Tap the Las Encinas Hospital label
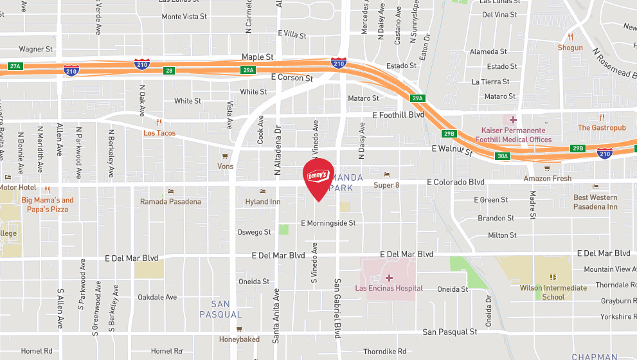[389, 289]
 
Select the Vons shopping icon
[225, 156]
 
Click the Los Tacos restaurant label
[159, 133]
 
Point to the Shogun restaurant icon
[570, 37]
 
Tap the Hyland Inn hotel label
[263, 202]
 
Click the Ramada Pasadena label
[170, 202]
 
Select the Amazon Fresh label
[547, 178]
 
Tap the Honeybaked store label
[239, 339]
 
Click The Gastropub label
[602, 128]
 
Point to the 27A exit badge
[15, 66]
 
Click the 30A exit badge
[502, 156]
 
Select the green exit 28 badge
[168, 71]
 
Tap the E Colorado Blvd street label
[455, 183]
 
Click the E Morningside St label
[328, 223]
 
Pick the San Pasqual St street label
[450, 332]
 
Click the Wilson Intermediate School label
[553, 292]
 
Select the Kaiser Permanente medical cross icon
[513, 120]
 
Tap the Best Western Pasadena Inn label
[595, 202]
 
